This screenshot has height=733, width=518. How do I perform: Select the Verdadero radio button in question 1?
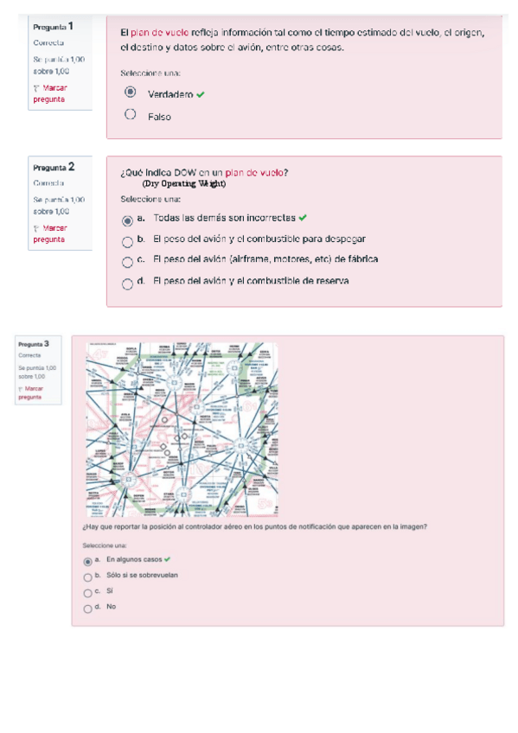[x=130, y=92]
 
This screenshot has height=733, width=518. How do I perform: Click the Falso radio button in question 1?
[x=130, y=114]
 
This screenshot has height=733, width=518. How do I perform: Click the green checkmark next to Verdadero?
[x=201, y=94]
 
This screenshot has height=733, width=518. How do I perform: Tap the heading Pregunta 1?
[x=53, y=27]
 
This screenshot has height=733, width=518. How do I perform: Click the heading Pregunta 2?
[x=54, y=167]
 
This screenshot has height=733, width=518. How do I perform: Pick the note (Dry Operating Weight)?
[x=183, y=183]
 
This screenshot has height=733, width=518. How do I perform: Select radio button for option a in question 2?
[x=127, y=220]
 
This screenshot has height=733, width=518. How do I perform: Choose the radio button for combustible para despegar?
[x=127, y=241]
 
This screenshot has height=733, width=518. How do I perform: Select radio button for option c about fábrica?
[x=127, y=262]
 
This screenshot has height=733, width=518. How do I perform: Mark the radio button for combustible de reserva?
[x=127, y=283]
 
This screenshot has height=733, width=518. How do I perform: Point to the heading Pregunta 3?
[x=34, y=344]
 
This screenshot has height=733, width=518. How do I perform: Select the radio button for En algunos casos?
[x=87, y=561]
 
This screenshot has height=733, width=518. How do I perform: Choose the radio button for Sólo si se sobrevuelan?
[x=87, y=577]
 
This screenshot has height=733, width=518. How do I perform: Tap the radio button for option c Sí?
[x=87, y=593]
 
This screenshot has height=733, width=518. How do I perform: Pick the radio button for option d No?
[x=87, y=609]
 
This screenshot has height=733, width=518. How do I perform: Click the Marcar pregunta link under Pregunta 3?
[x=34, y=393]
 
